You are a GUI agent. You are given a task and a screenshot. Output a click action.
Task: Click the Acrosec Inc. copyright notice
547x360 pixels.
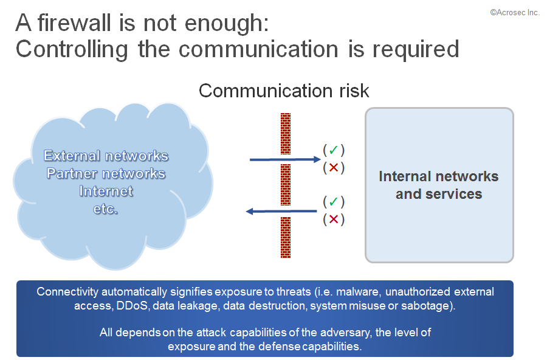(x=515, y=13)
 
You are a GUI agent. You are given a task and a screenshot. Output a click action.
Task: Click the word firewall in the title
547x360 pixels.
(x=74, y=23)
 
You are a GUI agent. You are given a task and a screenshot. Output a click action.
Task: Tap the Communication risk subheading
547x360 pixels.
(x=284, y=91)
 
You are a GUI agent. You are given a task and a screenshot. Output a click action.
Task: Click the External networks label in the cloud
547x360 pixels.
(x=106, y=156)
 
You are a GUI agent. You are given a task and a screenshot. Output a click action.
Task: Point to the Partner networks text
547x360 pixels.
(x=106, y=173)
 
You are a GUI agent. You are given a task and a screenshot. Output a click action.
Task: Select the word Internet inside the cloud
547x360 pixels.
(x=106, y=191)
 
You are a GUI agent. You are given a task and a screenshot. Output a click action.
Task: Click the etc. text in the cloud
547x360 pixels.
(x=105, y=209)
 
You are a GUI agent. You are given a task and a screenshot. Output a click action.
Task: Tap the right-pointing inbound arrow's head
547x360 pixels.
(x=317, y=159)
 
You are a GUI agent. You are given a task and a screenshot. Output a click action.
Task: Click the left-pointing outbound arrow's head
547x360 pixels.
(x=249, y=211)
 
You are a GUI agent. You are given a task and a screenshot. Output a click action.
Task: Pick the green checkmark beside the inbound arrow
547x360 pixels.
(x=334, y=150)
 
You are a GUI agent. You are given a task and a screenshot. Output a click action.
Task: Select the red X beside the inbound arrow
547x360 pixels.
(x=334, y=168)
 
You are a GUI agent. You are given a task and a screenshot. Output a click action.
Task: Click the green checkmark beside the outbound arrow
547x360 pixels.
(x=334, y=201)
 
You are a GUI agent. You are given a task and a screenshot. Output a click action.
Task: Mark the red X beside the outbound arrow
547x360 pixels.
(x=334, y=220)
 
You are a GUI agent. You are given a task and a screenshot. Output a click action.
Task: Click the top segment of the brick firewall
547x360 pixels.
(x=286, y=133)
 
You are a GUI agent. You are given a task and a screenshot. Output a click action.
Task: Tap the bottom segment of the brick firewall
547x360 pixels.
(x=286, y=237)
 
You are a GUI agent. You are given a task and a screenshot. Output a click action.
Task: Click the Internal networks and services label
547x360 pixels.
(x=439, y=185)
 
